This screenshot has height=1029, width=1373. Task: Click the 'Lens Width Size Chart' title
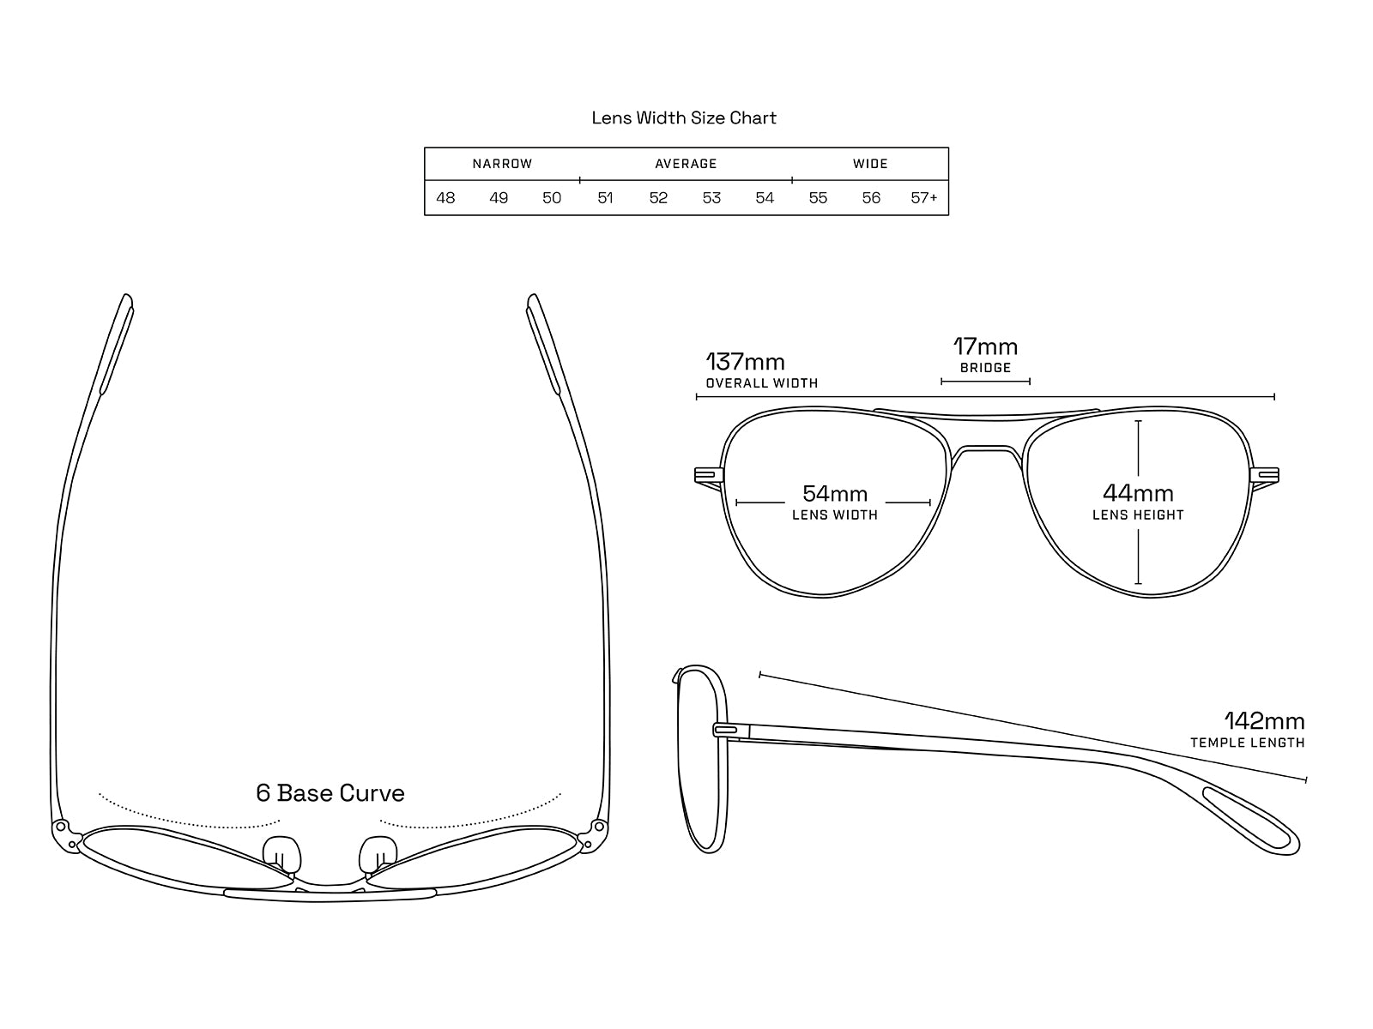click(684, 117)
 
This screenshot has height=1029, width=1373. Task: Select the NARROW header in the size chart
click(502, 164)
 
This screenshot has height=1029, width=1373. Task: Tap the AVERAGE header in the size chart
click(686, 164)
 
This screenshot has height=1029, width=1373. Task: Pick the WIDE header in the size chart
click(870, 164)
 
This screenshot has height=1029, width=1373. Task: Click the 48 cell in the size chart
click(445, 198)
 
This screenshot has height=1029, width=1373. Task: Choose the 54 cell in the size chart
click(765, 198)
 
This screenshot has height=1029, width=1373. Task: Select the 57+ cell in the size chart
click(924, 198)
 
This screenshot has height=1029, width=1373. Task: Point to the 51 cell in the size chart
click(605, 198)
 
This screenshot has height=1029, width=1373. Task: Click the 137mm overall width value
click(745, 362)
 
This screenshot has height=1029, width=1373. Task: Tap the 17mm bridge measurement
click(985, 347)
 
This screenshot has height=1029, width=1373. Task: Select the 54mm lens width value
click(835, 494)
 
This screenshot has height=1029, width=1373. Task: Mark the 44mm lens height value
click(1138, 493)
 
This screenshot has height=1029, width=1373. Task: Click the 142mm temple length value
click(1264, 720)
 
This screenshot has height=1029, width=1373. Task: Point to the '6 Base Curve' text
click(330, 793)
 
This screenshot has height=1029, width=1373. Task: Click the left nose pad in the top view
click(281, 854)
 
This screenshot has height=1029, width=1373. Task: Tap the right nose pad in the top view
click(378, 854)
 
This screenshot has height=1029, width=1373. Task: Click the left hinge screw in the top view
click(62, 827)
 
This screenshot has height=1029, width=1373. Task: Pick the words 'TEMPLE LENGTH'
click(1247, 743)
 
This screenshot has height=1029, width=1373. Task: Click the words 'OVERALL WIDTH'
click(761, 383)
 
